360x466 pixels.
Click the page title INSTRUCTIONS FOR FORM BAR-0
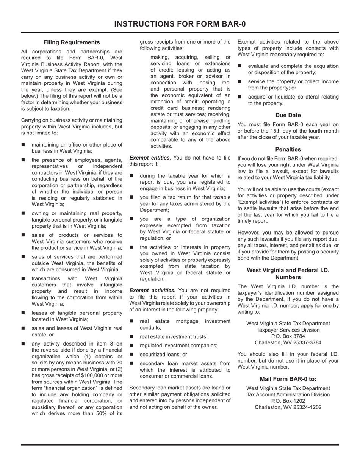tap(180, 24)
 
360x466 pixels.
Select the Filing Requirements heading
tap(72, 42)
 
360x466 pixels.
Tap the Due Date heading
tap(288, 115)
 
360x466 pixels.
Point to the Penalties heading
tap(288, 149)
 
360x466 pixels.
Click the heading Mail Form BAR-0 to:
tap(288, 379)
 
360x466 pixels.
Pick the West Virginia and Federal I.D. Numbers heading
tap(288, 274)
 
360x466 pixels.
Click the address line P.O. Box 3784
tap(288, 336)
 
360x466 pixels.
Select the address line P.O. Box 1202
tap(288, 401)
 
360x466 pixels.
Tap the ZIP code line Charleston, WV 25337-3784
tap(288, 342)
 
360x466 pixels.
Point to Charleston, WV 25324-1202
tap(288, 407)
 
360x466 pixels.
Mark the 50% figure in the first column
tap(107, 414)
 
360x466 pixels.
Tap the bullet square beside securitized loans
tap(131, 355)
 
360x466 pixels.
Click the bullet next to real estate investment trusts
tap(131, 336)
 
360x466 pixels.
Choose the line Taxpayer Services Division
tap(288, 330)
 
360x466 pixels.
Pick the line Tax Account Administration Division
tap(288, 394)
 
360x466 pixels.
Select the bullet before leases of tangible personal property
tap(23, 313)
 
